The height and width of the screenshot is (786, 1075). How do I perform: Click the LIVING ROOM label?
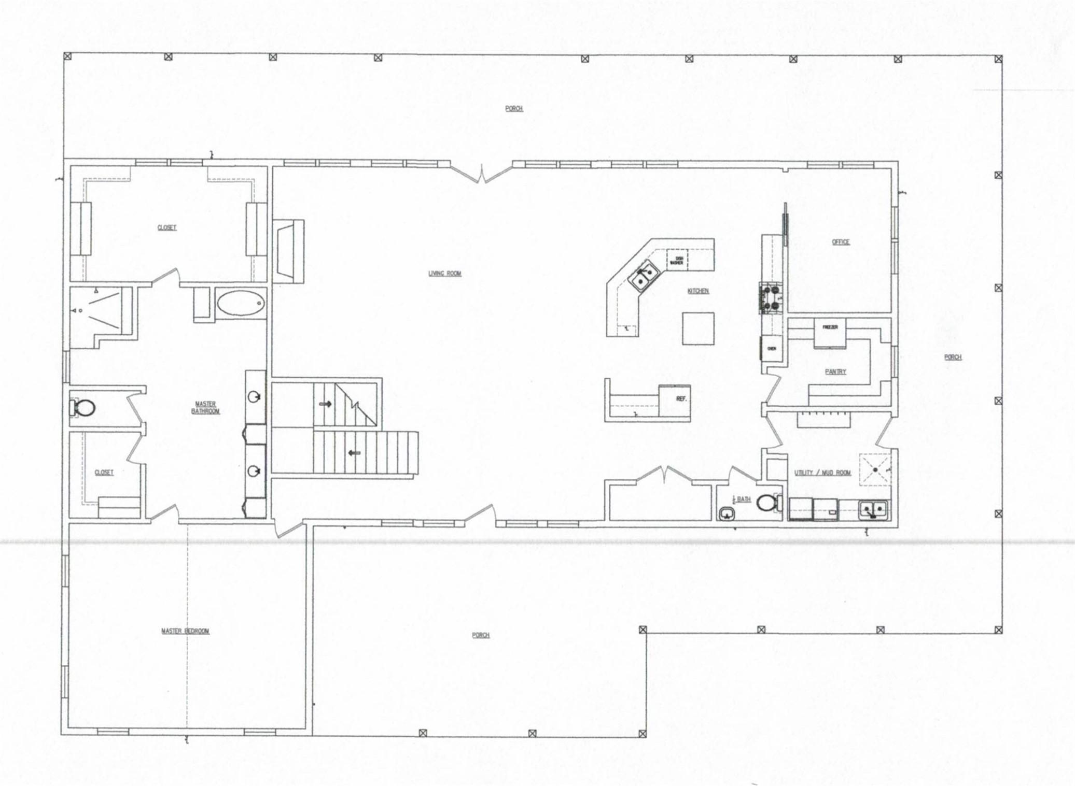pyautogui.click(x=444, y=274)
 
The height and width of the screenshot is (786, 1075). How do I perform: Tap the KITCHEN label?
pyautogui.click(x=697, y=291)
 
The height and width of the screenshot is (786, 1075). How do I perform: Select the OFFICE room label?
pyautogui.click(x=840, y=242)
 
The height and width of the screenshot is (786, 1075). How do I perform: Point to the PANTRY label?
pyautogui.click(x=835, y=371)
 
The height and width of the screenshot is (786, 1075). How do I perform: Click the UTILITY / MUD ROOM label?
pyautogui.click(x=822, y=473)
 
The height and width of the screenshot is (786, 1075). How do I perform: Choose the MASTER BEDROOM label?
pyautogui.click(x=185, y=631)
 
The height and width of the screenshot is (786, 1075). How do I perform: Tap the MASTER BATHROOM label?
pyautogui.click(x=205, y=408)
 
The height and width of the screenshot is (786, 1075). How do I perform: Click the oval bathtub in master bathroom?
pyautogui.click(x=240, y=303)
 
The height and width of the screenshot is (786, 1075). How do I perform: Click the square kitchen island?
pyautogui.click(x=697, y=328)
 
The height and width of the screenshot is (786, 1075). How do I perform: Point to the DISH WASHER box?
pyautogui.click(x=676, y=261)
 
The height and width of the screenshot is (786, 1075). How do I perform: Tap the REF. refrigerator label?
pyautogui.click(x=681, y=399)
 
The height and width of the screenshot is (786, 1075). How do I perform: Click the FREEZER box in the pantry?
pyautogui.click(x=827, y=327)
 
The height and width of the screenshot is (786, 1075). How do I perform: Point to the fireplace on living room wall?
pyautogui.click(x=288, y=251)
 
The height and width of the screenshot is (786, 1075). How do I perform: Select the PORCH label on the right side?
pyautogui.click(x=953, y=357)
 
